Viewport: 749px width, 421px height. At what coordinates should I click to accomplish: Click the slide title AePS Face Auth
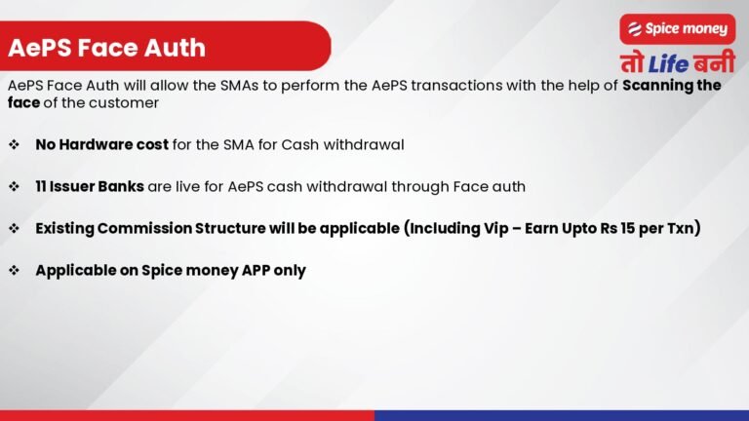click(106, 47)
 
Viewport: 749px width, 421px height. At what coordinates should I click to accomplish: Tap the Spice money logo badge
click(677, 29)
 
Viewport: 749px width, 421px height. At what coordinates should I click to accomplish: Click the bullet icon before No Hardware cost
click(14, 144)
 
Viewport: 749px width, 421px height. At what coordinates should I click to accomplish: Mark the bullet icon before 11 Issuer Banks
click(14, 185)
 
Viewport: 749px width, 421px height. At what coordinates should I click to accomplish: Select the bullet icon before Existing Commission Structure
click(14, 228)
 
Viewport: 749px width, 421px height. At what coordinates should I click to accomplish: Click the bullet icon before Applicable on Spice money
click(14, 270)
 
